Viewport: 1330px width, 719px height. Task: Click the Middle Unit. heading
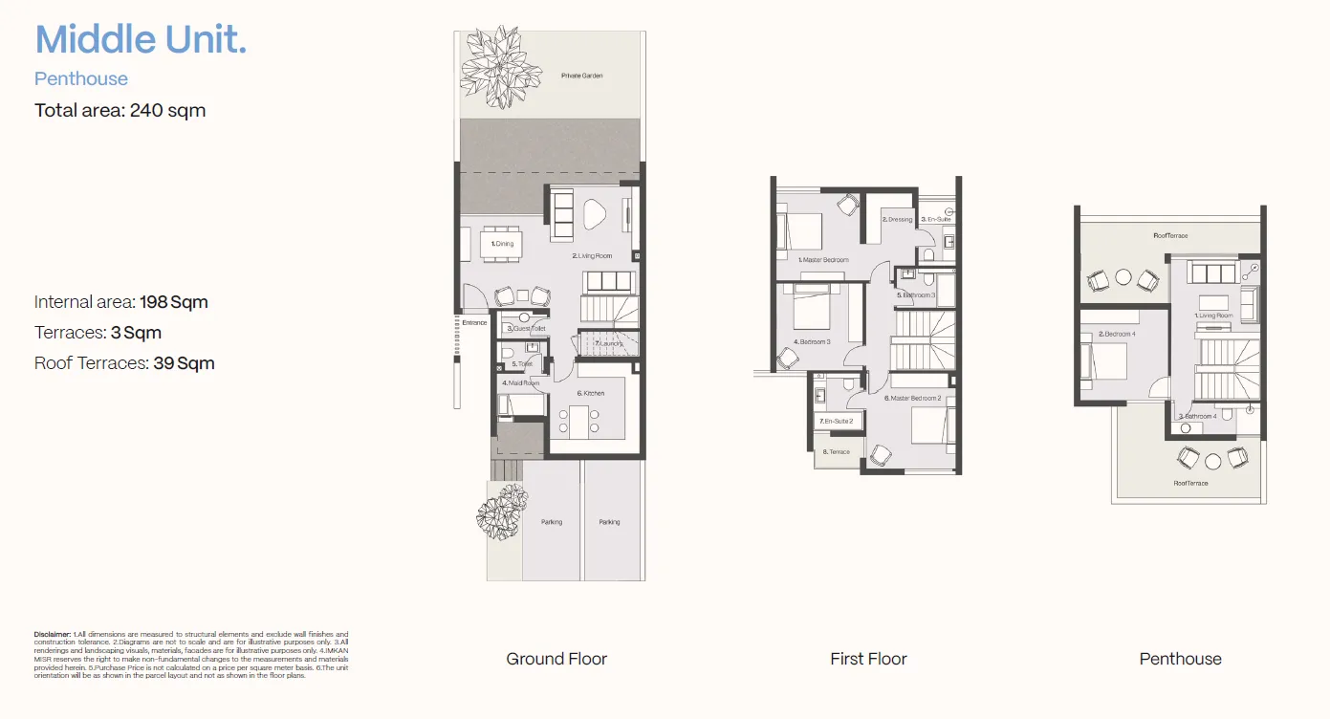coord(141,40)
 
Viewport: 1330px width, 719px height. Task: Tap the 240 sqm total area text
coord(167,110)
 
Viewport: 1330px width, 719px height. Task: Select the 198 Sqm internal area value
coord(174,302)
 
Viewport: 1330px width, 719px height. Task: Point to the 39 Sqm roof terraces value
coord(184,363)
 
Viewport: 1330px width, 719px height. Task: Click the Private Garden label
coord(582,76)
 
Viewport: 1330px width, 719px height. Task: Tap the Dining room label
coord(502,244)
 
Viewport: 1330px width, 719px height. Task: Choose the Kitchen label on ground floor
coord(590,393)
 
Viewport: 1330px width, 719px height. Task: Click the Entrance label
coord(474,323)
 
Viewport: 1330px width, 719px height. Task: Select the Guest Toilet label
coord(526,329)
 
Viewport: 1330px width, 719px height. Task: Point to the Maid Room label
coord(522,383)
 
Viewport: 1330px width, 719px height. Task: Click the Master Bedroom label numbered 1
coord(823,260)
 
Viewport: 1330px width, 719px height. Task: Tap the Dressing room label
coord(897,220)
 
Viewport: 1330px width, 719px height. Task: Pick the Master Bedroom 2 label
coord(913,398)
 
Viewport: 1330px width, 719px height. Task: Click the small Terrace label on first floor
coord(837,452)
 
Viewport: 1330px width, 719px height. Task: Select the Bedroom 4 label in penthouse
coord(1117,335)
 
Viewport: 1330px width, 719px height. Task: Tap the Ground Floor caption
coord(556,659)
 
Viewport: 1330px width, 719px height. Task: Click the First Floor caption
coord(868,659)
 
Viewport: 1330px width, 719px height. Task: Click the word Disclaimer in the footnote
coord(53,634)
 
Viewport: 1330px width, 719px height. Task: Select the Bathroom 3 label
coord(915,295)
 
